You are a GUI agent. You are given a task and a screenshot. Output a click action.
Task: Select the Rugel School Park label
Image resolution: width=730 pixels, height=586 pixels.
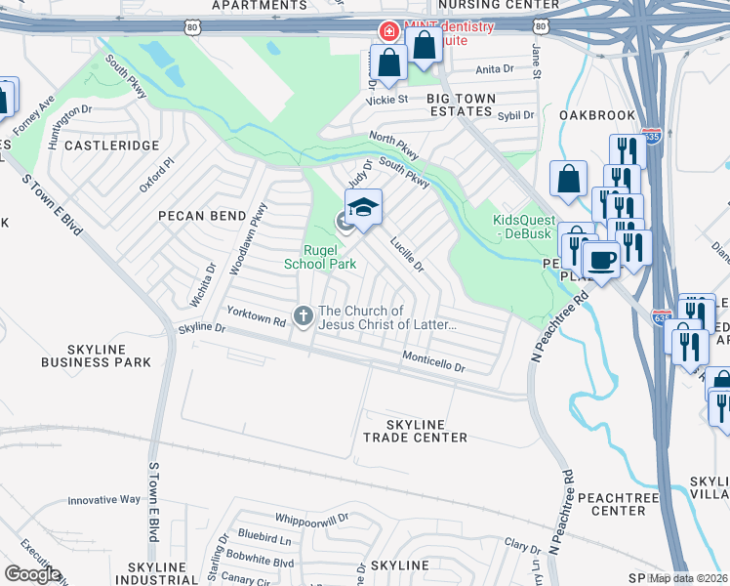tap(319, 256)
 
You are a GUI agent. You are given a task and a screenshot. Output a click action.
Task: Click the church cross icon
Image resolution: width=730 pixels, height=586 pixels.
tap(304, 314)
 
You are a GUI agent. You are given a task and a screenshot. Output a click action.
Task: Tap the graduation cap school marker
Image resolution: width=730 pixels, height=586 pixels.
tap(363, 207)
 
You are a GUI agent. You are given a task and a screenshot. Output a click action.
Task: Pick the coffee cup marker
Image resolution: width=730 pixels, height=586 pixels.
tap(601, 260)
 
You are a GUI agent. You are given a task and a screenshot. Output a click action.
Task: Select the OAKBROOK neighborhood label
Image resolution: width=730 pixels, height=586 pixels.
tap(597, 115)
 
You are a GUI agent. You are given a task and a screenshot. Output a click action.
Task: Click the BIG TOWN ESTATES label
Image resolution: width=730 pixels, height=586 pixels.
tap(460, 105)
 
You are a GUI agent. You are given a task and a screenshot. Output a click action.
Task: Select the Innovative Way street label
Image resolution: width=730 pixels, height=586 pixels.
tap(104, 500)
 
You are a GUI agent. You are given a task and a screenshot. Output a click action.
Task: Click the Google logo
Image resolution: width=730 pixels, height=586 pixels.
tap(32, 574)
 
